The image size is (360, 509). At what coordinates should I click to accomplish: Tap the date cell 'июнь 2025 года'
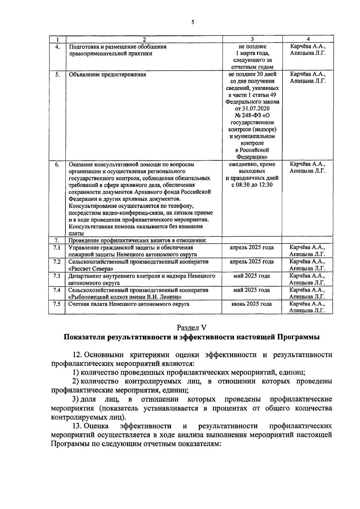pyautogui.click(x=252, y=304)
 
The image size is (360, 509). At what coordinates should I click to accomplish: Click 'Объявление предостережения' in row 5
pyautogui.click(x=107, y=75)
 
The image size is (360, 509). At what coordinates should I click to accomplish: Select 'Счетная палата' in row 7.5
pyautogui.click(x=85, y=304)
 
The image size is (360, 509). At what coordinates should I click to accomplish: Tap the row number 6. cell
pyautogui.click(x=57, y=165)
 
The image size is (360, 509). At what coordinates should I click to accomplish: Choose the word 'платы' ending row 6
pyautogui.click(x=76, y=233)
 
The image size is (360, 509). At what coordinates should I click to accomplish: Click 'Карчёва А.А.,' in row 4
pyautogui.click(x=307, y=47)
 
